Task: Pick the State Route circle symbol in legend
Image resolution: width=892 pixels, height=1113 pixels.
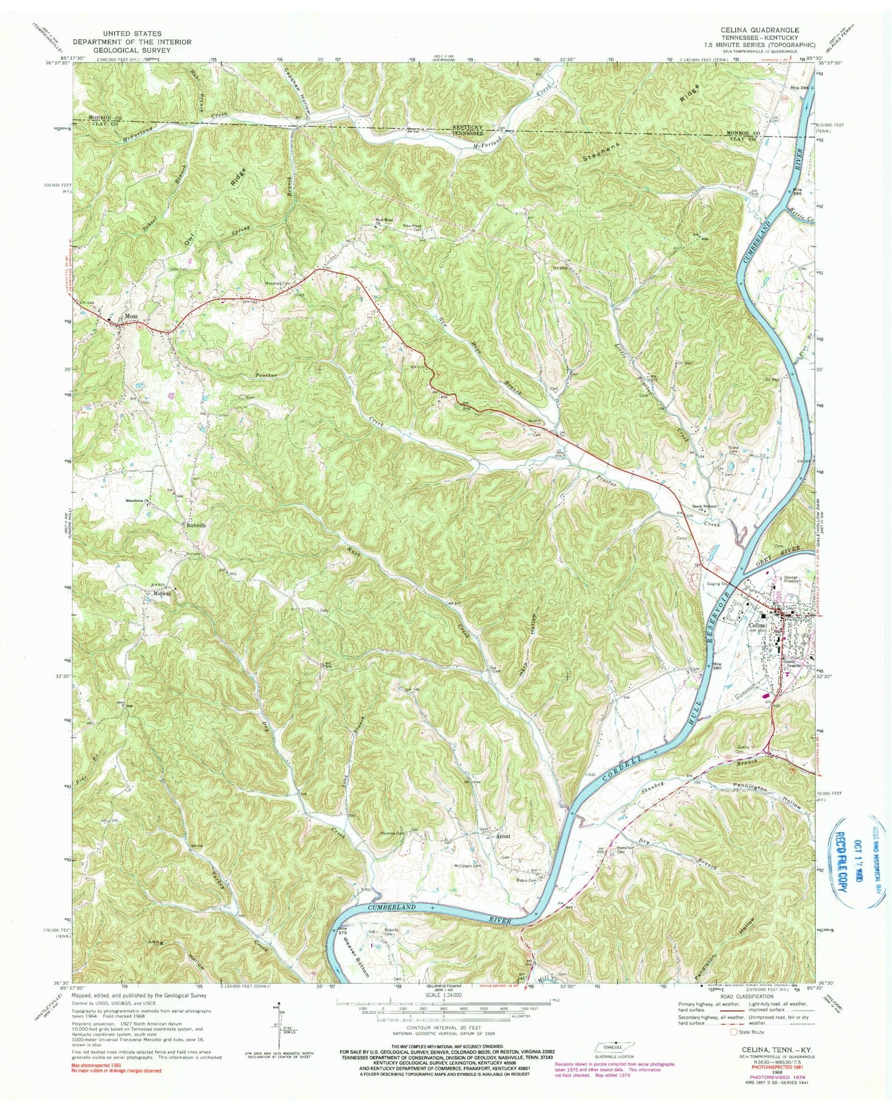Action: [x=733, y=1032]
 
